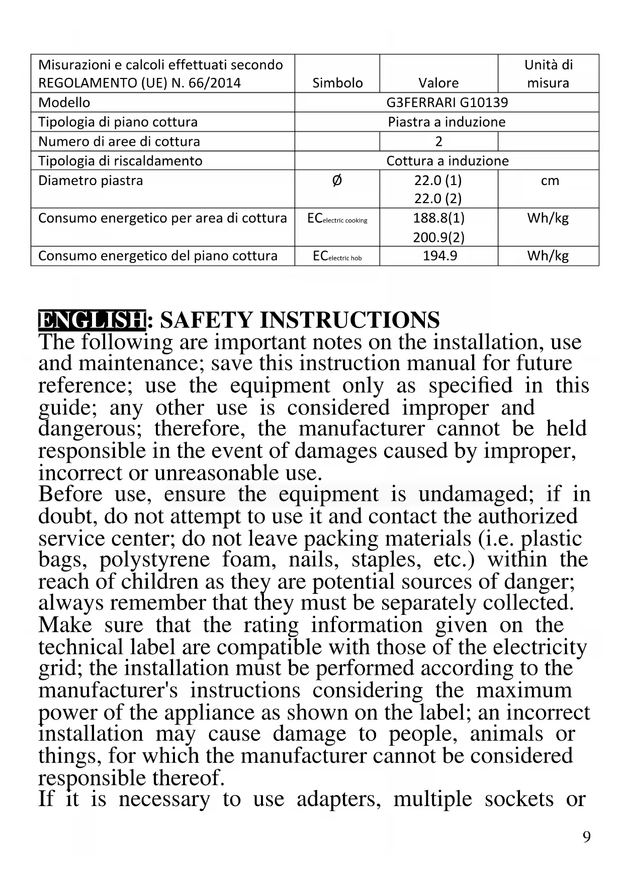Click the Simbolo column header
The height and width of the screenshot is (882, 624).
point(337,82)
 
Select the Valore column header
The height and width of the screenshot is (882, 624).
point(438,82)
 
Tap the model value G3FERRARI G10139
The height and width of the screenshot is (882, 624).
point(447,103)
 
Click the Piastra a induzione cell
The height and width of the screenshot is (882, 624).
point(447,122)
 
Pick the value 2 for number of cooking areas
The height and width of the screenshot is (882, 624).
point(438,141)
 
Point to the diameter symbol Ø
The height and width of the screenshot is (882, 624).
point(337,180)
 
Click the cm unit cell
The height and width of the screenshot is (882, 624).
point(550,181)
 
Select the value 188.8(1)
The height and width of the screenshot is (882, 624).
point(438,218)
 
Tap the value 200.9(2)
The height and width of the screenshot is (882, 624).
point(438,237)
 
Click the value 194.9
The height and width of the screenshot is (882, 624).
point(439,255)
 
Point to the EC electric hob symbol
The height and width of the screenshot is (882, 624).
point(337,256)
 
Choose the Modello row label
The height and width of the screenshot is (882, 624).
point(64,103)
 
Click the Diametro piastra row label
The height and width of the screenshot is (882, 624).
point(91,181)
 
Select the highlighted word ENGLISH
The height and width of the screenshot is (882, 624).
point(92,320)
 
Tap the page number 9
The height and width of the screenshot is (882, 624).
point(586,837)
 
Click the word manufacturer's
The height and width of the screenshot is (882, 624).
point(108,690)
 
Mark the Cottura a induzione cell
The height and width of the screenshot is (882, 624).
point(447,161)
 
